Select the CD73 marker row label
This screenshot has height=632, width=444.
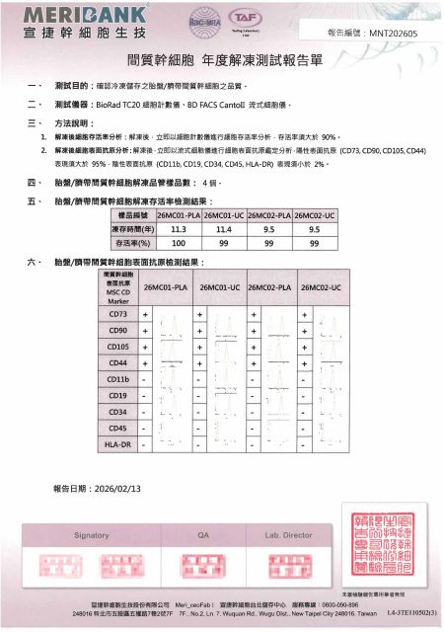tap(118, 314)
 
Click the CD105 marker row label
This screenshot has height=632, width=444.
tap(118, 347)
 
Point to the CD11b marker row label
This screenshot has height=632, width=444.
tap(118, 379)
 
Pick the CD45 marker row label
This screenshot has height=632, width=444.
tap(118, 428)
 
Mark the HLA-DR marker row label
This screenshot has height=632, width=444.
tap(118, 444)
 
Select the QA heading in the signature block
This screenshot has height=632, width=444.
tap(204, 534)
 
